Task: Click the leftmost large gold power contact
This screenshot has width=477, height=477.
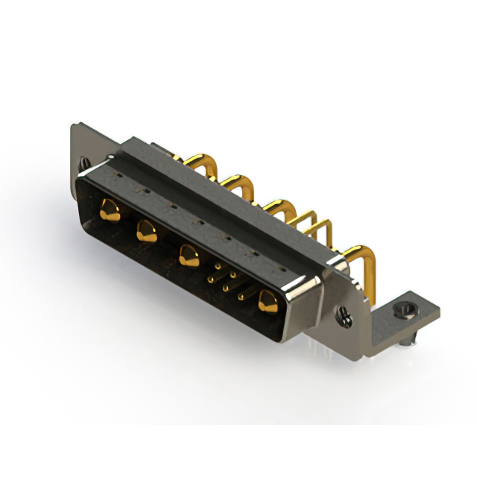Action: tap(110, 210)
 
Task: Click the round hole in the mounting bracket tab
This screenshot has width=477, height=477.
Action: tap(404, 306)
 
